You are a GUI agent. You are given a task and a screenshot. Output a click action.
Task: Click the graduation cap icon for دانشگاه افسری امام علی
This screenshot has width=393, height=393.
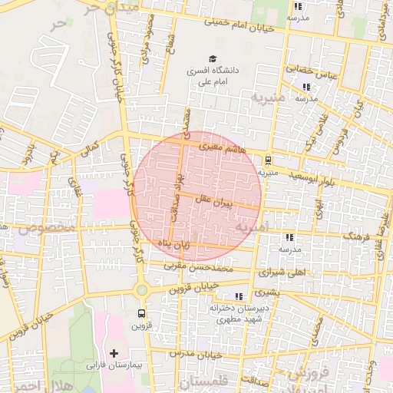pyautogui.click(x=212, y=58)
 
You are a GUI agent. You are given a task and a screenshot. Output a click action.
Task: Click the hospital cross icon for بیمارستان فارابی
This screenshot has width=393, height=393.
pyautogui.click(x=114, y=353)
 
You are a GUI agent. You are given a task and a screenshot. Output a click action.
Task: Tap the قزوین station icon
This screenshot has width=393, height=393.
pyautogui.click(x=140, y=313)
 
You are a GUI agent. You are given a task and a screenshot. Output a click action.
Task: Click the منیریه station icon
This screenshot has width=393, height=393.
pyautogui.click(x=267, y=160)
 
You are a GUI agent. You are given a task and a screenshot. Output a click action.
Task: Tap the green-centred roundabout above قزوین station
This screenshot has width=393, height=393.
pyautogui.click(x=141, y=289)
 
